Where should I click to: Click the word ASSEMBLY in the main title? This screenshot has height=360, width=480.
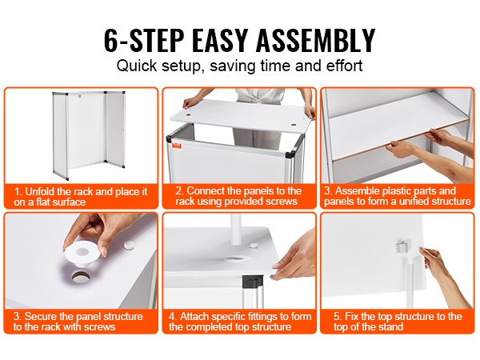[x=315, y=40]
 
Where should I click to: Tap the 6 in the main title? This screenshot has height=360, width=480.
[x=111, y=40]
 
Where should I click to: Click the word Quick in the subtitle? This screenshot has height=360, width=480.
[x=137, y=66]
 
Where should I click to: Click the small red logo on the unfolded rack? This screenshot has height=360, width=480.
[x=79, y=96]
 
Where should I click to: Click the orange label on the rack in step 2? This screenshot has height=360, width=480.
[x=176, y=145]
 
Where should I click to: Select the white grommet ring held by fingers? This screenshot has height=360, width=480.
[x=82, y=254]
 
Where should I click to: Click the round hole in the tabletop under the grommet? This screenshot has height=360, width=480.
[x=81, y=277]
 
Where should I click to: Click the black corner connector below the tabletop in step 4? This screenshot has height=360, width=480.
[x=253, y=282]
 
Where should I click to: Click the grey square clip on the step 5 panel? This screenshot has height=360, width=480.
[x=402, y=246]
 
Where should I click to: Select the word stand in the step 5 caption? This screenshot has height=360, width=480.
[x=390, y=327]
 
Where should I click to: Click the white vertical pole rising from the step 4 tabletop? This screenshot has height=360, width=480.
[x=235, y=229]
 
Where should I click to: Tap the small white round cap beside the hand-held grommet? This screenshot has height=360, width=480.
[x=129, y=244]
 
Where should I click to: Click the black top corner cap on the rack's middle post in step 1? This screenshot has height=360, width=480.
[x=105, y=91]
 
